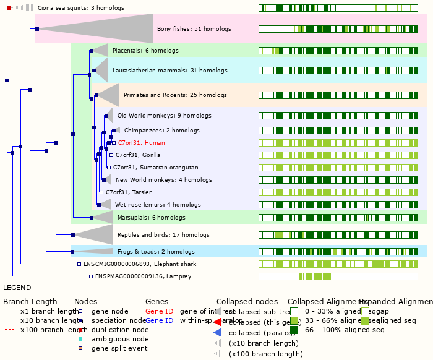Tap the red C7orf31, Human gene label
[x=141, y=143]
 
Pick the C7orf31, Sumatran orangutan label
[x=155, y=168]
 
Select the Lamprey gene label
[x=130, y=276]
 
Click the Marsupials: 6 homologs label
[x=150, y=218]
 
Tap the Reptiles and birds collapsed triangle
[x=99, y=234]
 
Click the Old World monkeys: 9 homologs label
[x=164, y=116]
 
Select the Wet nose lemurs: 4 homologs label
[x=158, y=205]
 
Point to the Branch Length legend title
[x=30, y=301]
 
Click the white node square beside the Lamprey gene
[x=91, y=276]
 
